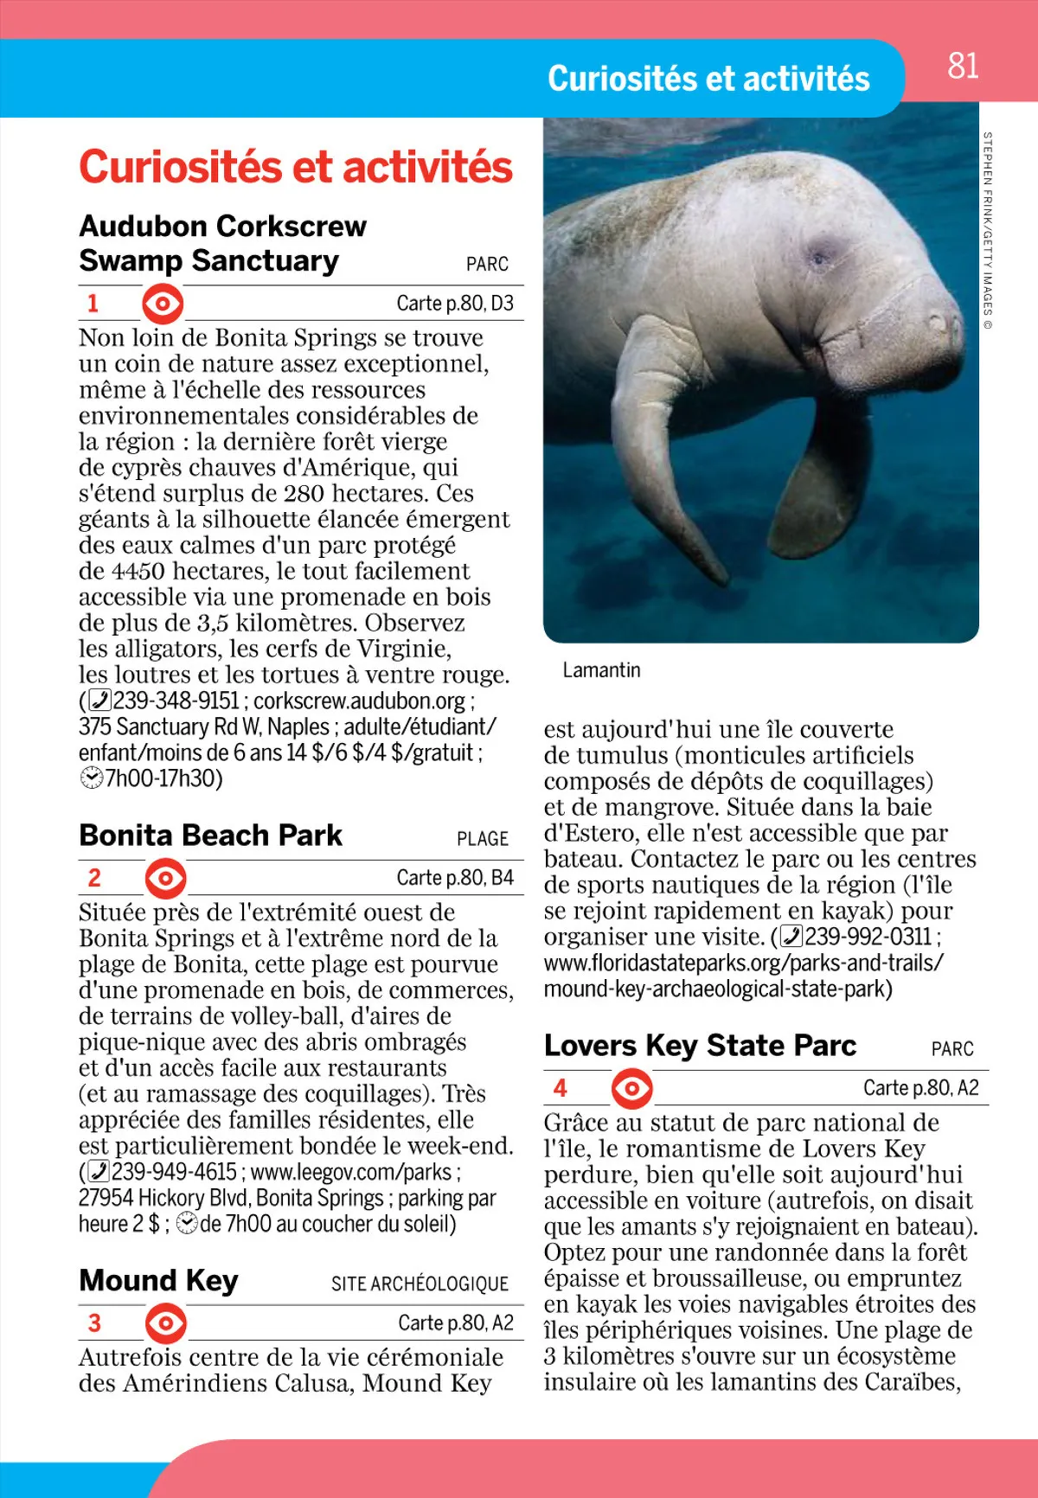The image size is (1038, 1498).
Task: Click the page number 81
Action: click(x=963, y=66)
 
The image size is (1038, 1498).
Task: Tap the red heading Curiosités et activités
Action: click(x=296, y=167)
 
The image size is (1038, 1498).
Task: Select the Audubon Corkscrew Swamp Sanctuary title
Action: click(x=222, y=243)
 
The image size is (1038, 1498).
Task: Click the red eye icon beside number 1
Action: click(x=163, y=304)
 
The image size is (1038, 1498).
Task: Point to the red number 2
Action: click(x=94, y=878)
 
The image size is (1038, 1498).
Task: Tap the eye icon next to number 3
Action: click(x=165, y=1323)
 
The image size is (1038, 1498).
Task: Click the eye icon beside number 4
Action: click(x=632, y=1089)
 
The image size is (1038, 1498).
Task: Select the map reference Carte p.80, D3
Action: click(x=455, y=304)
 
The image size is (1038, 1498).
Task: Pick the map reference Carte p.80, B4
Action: click(x=455, y=878)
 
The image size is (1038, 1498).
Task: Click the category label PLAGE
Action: click(x=483, y=839)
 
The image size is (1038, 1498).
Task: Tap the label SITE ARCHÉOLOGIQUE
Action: click(x=420, y=1284)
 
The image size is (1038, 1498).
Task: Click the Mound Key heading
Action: click(x=158, y=1280)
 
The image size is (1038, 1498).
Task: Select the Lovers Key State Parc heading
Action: click(x=700, y=1046)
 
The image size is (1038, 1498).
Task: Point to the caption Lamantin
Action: click(x=601, y=670)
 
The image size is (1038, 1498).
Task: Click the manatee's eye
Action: click(x=818, y=257)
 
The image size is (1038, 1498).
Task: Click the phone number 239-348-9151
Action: click(x=176, y=701)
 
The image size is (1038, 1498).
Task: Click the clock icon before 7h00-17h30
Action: click(x=91, y=778)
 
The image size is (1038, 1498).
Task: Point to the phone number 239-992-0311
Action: click(x=868, y=937)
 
